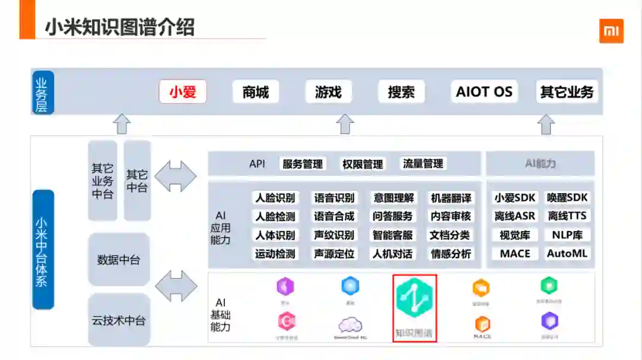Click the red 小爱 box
[x=182, y=92]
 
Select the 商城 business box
[x=256, y=92]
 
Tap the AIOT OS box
[x=484, y=92]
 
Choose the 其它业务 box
[x=567, y=92]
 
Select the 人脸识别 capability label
[x=275, y=198]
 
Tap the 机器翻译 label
[x=451, y=198]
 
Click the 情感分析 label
[x=451, y=254]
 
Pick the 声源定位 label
[x=334, y=254]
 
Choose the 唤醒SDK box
[x=568, y=198]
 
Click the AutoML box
[x=567, y=254]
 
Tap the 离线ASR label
[x=515, y=216]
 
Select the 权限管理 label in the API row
[x=363, y=164]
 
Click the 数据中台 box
[x=119, y=260]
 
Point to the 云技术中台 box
[x=119, y=320]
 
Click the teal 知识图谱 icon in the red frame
[x=415, y=301]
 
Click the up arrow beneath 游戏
[x=345, y=124]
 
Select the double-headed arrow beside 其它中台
[x=175, y=176]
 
